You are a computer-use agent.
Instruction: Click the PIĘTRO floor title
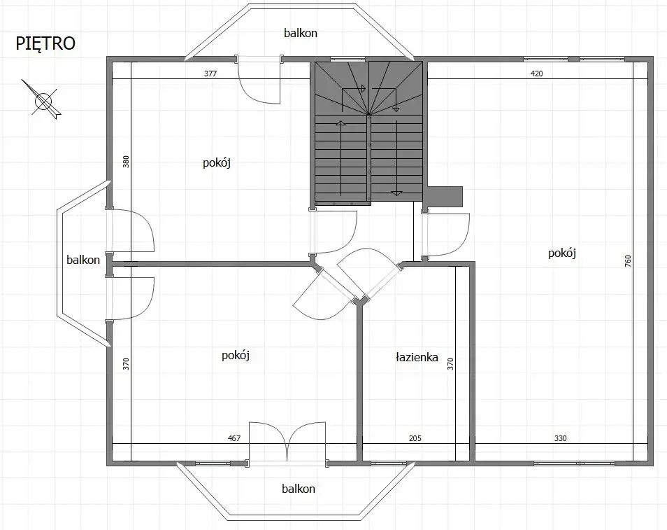[x=45, y=43]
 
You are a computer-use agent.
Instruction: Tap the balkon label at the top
[x=301, y=33]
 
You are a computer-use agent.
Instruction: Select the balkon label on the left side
[x=83, y=260]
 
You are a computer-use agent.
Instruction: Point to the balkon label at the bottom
[x=299, y=488]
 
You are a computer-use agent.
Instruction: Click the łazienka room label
[x=417, y=356]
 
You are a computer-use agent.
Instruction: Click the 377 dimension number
[x=210, y=74]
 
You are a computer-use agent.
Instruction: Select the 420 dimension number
[x=536, y=74]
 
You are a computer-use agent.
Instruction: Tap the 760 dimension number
[x=629, y=260]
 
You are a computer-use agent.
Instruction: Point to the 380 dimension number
[x=126, y=162]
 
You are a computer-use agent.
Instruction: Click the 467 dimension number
[x=234, y=438]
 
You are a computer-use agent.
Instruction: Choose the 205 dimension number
[x=415, y=438]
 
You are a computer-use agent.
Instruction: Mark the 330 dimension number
[x=560, y=438]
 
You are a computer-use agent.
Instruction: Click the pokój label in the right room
[x=562, y=253]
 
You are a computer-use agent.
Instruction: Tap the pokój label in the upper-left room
[x=217, y=162]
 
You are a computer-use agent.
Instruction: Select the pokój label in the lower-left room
[x=235, y=356]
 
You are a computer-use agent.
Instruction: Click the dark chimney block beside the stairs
[x=445, y=197]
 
